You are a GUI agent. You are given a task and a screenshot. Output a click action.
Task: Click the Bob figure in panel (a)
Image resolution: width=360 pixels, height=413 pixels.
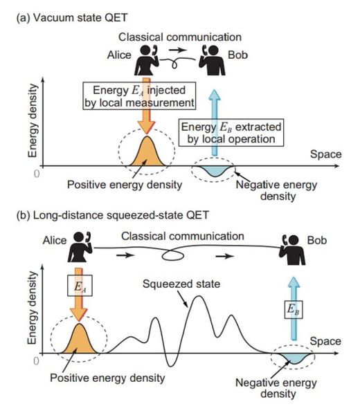[x=212, y=60]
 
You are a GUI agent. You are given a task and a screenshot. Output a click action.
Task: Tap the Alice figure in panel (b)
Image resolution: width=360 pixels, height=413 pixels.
[x=80, y=247]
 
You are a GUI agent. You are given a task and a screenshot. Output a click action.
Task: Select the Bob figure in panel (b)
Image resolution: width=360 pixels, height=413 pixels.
[x=292, y=250]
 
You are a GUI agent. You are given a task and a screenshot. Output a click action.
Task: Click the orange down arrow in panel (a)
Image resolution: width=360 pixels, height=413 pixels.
[x=147, y=105]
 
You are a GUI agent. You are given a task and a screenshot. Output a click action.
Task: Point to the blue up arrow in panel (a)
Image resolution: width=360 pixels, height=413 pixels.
[x=215, y=122]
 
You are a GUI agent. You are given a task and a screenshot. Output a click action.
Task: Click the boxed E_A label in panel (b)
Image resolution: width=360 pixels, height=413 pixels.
[x=80, y=286]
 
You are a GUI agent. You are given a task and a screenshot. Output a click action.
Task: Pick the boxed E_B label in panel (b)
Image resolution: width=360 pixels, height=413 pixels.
[x=294, y=309]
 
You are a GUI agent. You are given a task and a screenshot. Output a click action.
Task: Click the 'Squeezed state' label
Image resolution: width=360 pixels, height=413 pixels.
[x=181, y=284]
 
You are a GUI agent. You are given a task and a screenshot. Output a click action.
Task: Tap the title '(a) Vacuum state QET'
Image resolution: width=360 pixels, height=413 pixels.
[x=72, y=18]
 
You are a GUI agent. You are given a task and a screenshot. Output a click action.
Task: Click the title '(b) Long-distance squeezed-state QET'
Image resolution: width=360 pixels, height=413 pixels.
[x=113, y=215]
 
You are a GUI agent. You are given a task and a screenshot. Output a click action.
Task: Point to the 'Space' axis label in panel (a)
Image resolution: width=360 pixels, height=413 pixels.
[x=326, y=154]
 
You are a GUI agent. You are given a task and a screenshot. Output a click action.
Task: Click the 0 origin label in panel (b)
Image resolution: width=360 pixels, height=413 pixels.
[x=37, y=361]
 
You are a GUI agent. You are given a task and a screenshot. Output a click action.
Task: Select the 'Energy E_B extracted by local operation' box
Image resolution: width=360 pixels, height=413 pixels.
[x=231, y=133]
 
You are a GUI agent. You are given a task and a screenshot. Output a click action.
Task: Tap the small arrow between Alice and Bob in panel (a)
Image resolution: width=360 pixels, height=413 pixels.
[x=178, y=50]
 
